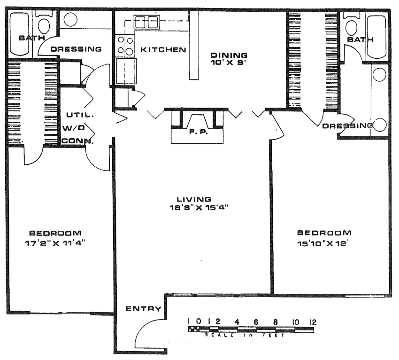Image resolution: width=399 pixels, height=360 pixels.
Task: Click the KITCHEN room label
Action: (163, 49)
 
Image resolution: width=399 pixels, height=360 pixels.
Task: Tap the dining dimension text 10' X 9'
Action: (229, 63)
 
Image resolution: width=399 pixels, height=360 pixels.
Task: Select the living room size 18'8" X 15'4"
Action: (198, 208)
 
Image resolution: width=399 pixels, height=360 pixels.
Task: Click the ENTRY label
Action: (144, 309)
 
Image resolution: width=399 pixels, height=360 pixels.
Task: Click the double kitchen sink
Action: (146, 22)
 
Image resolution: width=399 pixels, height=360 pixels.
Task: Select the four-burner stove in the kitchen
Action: (125, 46)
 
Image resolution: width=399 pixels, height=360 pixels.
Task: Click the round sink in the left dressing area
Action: (70, 19)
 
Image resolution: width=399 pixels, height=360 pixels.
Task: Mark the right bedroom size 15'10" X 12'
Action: (322, 243)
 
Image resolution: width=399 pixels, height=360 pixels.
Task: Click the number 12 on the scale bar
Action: (313, 322)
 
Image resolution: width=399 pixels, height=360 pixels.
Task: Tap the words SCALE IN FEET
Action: (245, 335)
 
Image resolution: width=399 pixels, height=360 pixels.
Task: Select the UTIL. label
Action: (80, 115)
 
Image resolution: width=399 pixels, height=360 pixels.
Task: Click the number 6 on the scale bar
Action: (256, 322)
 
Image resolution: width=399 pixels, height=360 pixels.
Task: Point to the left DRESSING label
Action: (76, 49)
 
